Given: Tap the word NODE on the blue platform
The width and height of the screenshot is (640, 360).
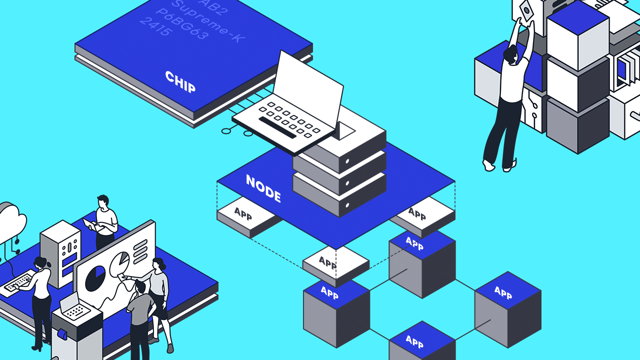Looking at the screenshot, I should click(x=263, y=188).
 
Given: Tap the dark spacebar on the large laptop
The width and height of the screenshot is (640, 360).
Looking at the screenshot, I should click(x=277, y=128).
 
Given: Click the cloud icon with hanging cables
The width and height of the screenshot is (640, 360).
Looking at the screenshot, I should click(x=11, y=220).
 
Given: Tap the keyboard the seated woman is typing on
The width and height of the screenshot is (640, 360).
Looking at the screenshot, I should click(x=19, y=282).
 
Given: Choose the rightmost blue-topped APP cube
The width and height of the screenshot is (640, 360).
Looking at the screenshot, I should click(x=507, y=307).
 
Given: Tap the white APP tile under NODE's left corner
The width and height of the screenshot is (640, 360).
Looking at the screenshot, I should click(x=243, y=216).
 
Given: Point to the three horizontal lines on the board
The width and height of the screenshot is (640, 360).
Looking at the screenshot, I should click(x=140, y=246).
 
